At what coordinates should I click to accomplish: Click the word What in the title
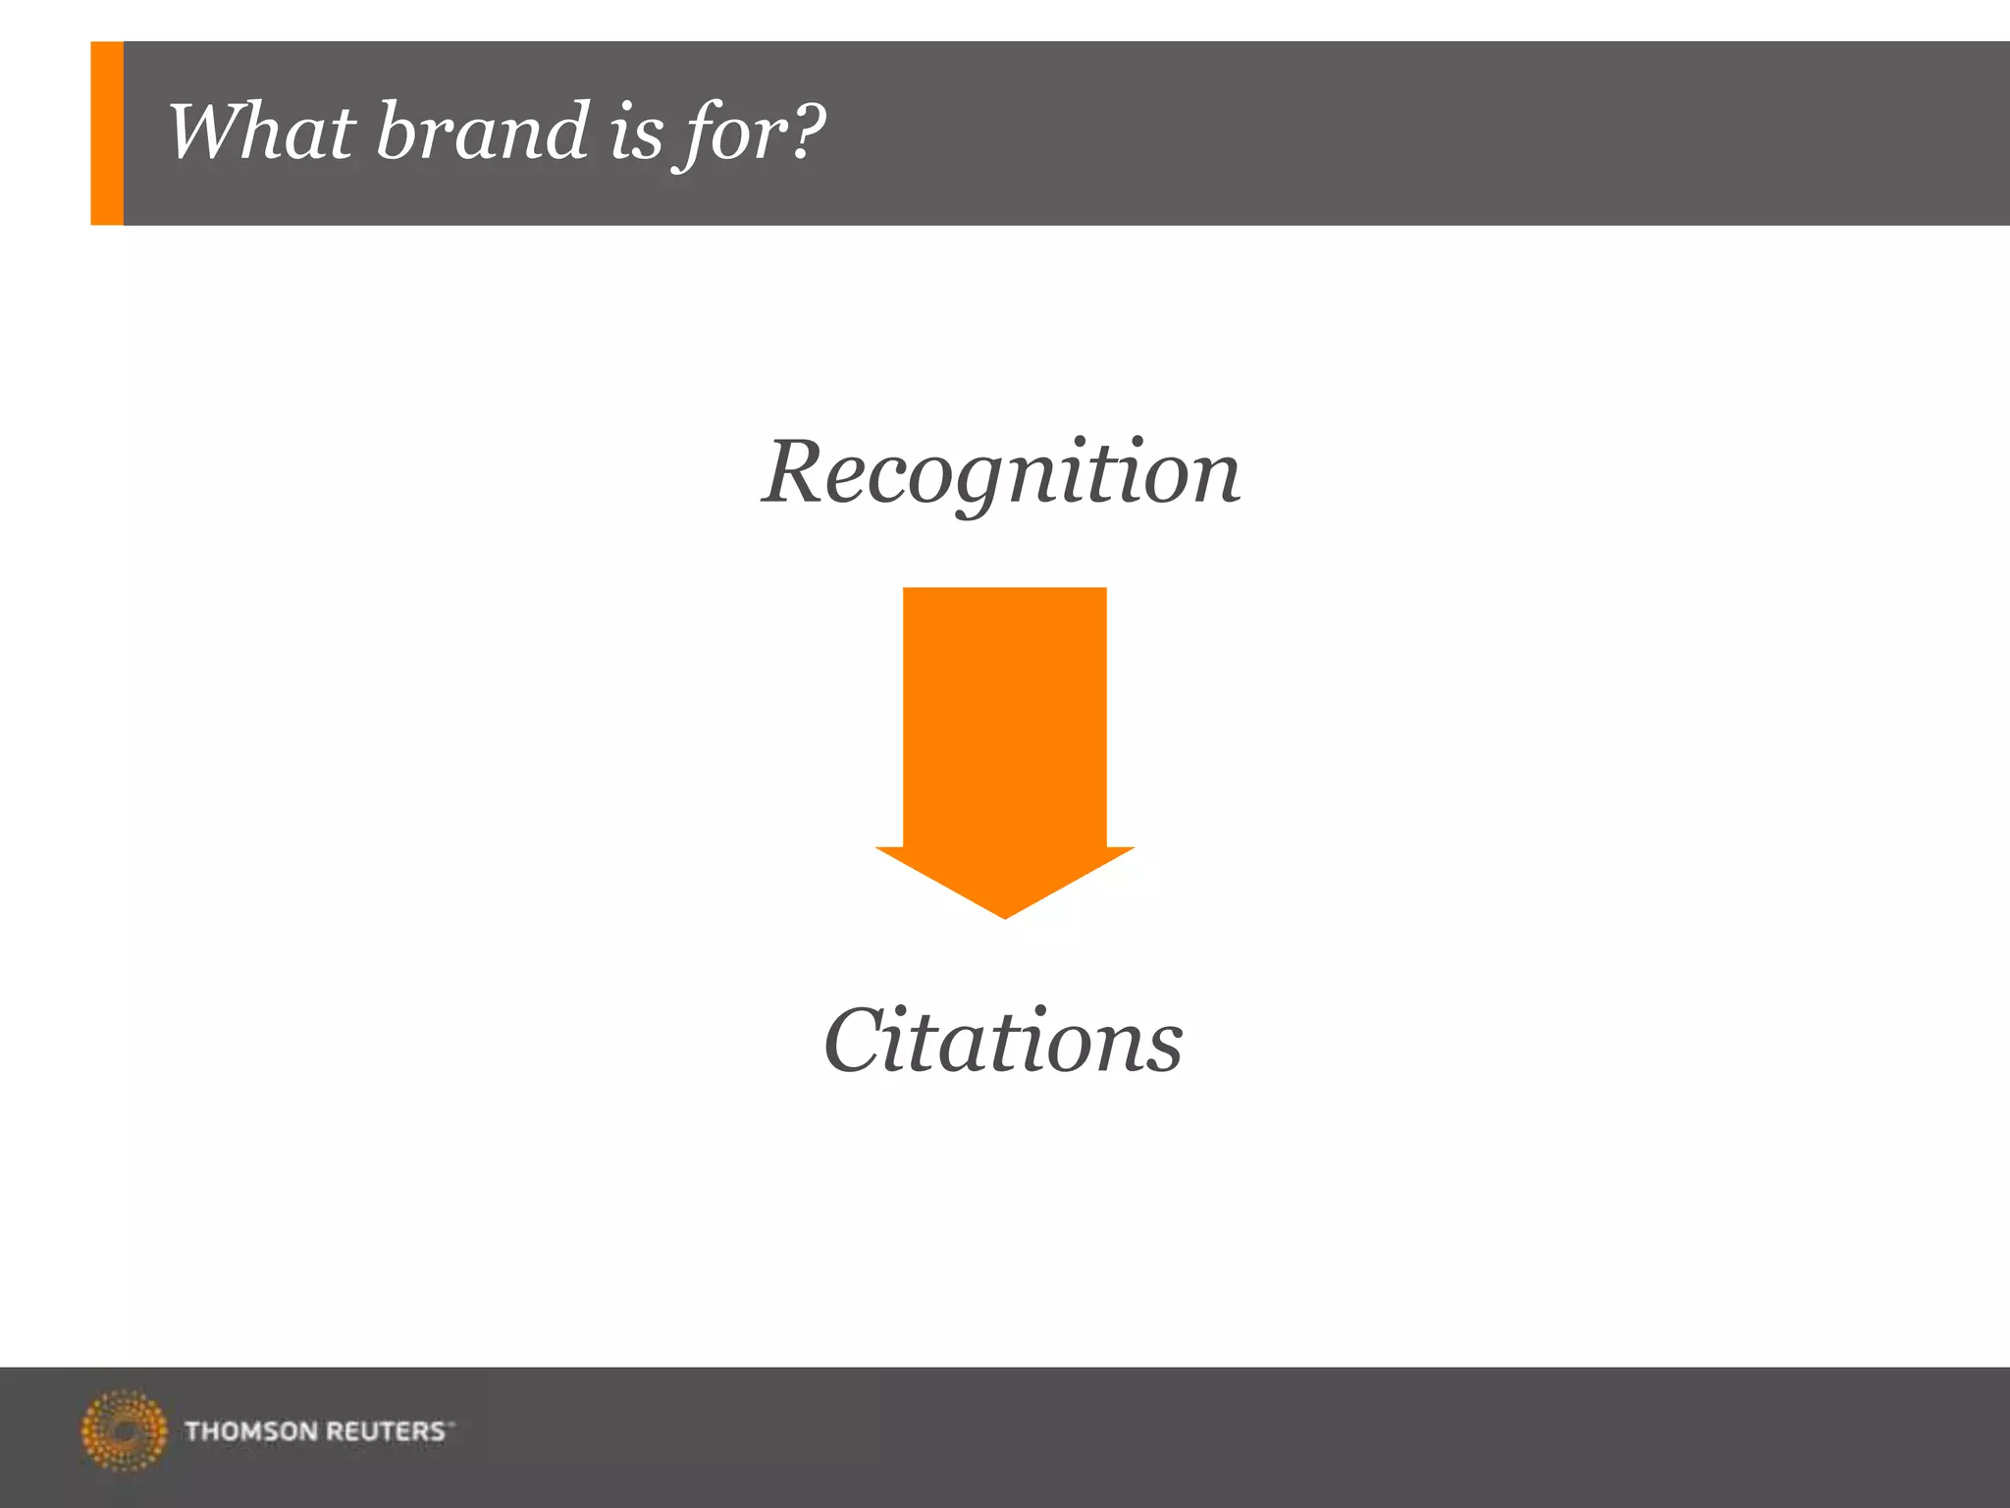click(x=260, y=132)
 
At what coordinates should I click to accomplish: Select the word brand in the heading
click(x=481, y=132)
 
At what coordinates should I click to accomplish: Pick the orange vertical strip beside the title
click(x=107, y=134)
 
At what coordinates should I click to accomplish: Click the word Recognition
click(x=1001, y=473)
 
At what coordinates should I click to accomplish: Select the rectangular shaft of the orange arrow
click(x=1004, y=717)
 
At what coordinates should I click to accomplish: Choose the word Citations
click(x=1003, y=1041)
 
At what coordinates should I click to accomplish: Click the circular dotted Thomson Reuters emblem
click(x=124, y=1430)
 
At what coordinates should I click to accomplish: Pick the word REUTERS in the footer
click(x=385, y=1431)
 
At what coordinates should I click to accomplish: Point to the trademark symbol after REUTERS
click(x=451, y=1423)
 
